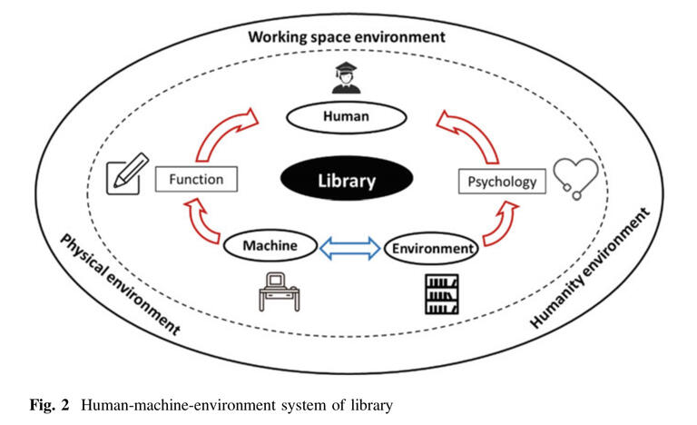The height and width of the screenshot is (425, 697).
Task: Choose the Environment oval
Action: point(430,246)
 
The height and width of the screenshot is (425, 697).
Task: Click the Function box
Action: point(196,178)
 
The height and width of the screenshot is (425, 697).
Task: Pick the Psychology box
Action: point(502,182)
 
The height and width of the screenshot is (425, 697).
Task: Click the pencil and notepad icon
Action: point(123,176)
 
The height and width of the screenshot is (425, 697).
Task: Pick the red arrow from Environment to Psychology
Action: point(497,228)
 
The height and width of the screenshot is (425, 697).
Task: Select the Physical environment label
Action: point(118,284)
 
